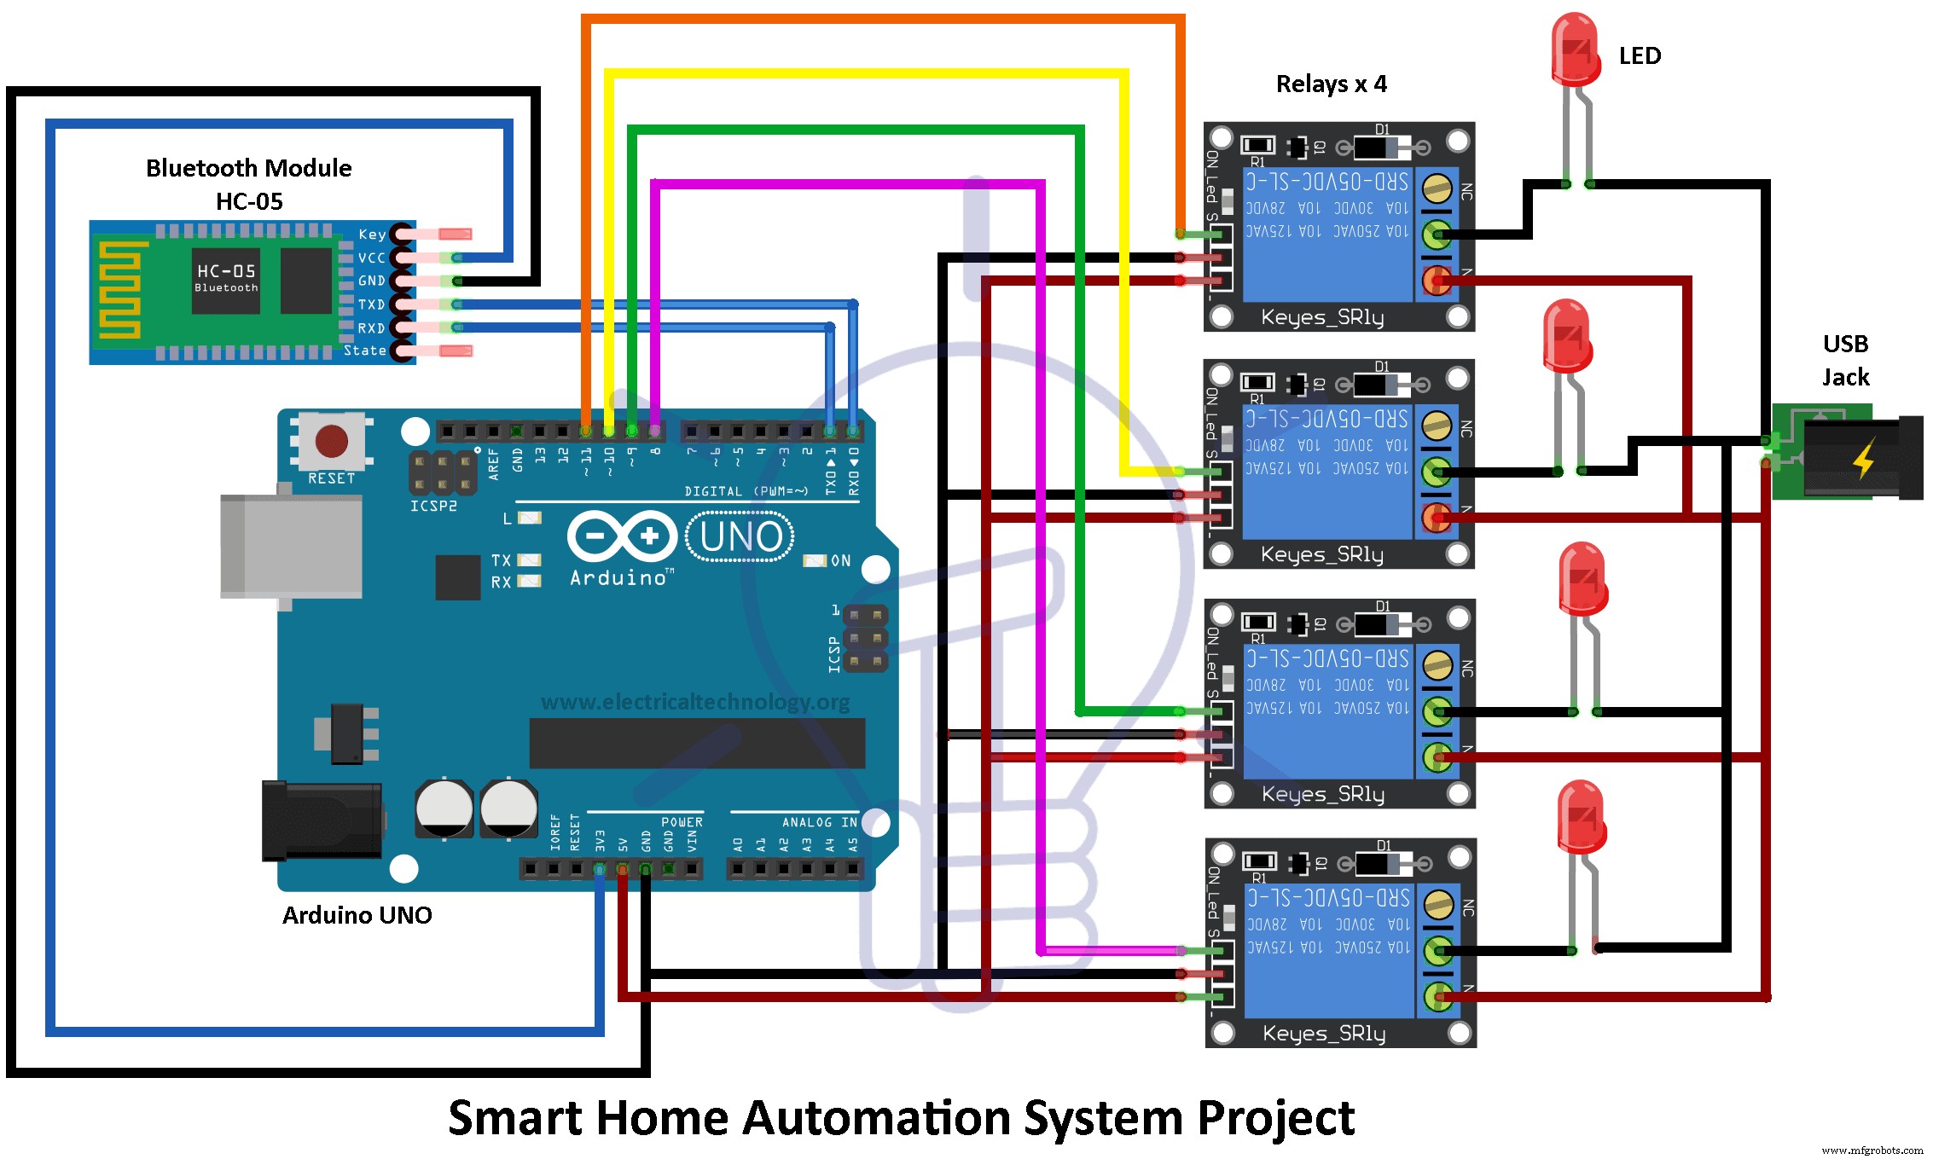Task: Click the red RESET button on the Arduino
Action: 331,441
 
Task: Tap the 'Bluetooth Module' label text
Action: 248,168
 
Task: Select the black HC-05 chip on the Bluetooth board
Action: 225,281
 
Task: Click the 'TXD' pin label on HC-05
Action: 371,304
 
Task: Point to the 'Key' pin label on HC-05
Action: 372,234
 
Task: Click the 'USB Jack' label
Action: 1845,360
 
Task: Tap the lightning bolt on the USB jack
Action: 1864,458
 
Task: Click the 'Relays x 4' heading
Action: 1331,84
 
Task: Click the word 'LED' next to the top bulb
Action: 1640,56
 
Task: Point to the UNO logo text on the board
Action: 740,537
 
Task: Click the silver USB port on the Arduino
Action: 290,546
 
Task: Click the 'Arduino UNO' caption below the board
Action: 357,915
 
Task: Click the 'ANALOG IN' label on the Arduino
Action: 819,822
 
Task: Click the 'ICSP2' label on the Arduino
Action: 433,506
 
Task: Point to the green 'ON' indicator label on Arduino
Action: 840,560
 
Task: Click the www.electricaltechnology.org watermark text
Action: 695,702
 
